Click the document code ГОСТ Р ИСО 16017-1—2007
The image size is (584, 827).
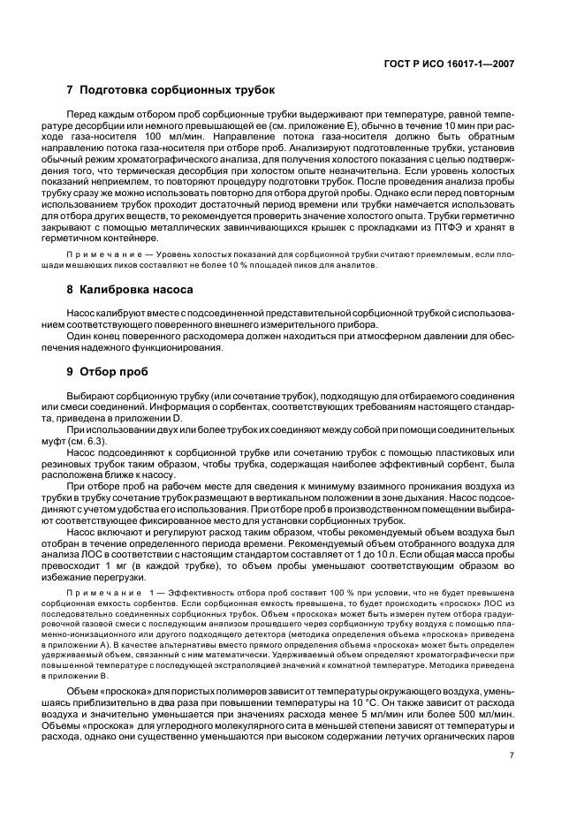(x=459, y=63)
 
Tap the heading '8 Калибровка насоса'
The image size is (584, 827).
(x=137, y=289)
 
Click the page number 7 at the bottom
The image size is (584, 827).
(x=512, y=755)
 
